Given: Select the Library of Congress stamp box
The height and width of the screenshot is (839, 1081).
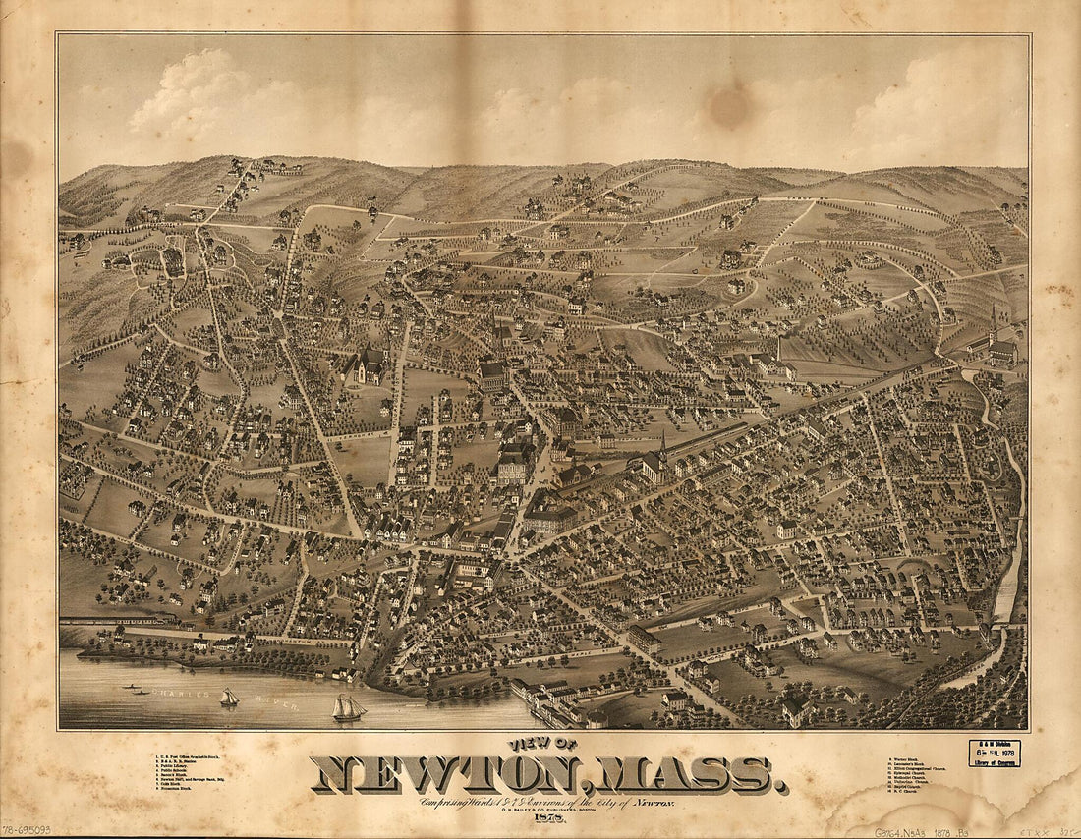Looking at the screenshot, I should [995, 753].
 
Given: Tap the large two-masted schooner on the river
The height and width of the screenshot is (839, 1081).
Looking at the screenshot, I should [348, 708].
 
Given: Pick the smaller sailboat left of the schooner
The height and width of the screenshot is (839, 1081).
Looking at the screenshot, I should [229, 698].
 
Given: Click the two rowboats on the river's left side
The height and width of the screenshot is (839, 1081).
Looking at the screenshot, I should [138, 690].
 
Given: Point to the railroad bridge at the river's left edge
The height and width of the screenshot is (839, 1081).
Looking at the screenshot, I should [118, 621].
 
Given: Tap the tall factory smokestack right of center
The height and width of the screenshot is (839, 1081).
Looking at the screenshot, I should [778, 347].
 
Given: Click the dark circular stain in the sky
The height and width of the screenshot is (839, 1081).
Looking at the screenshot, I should [729, 107].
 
